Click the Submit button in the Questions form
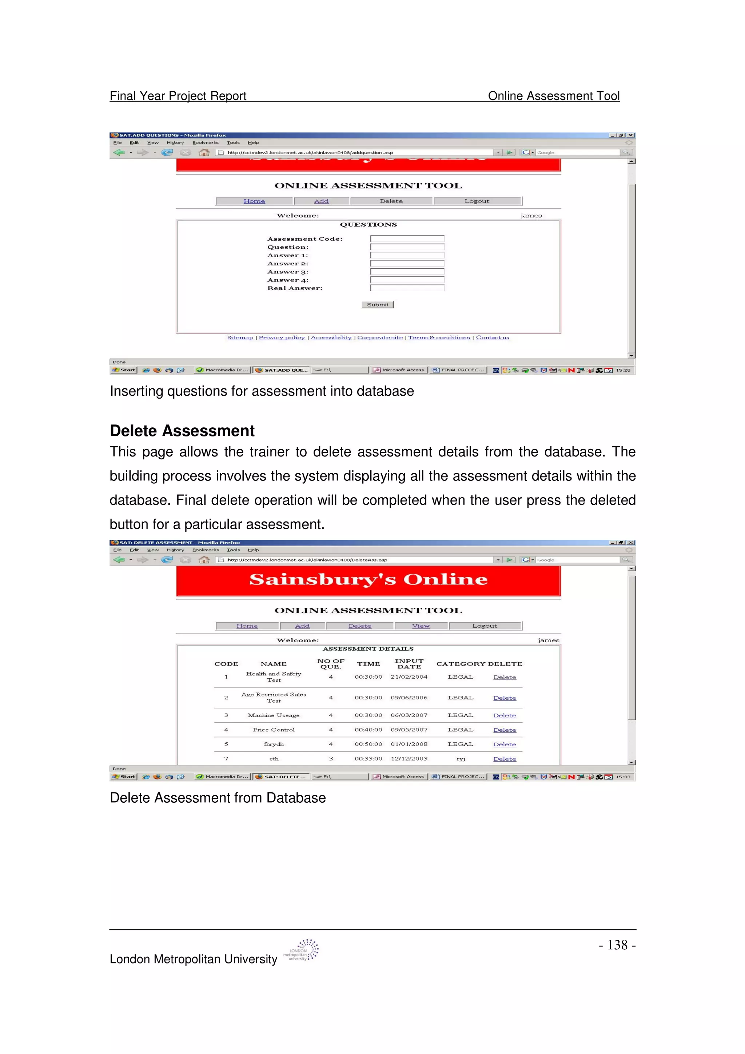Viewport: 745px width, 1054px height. pos(377,305)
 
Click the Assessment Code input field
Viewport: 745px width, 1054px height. pos(407,239)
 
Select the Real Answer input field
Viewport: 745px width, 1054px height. pos(407,288)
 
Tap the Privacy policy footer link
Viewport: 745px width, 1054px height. pos(282,338)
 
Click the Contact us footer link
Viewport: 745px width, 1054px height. pos(492,338)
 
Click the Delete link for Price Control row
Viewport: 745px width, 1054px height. pos(505,730)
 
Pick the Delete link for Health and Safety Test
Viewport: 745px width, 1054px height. pos(505,677)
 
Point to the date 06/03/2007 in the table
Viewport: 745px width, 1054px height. pos(409,715)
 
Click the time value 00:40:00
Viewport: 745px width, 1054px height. pos(368,730)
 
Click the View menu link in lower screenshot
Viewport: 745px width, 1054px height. pos(421,626)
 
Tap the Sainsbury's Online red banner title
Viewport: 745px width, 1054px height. pos(368,580)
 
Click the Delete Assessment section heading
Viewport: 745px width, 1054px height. pos(182,431)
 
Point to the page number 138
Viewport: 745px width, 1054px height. pos(617,945)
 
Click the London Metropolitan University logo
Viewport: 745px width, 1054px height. pos(302,950)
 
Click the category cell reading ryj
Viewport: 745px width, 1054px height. pos(461,759)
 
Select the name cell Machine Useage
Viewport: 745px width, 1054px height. pos(273,715)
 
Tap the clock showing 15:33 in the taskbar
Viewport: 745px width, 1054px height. pos(622,777)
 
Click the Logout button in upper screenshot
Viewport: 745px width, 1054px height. pos(477,201)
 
